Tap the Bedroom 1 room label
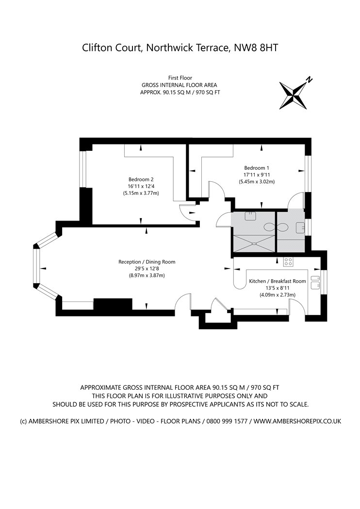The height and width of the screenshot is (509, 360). pyautogui.click(x=257, y=167)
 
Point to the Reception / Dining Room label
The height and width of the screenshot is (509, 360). pyautogui.click(x=147, y=262)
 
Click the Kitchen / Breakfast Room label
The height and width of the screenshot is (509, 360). pyautogui.click(x=278, y=281)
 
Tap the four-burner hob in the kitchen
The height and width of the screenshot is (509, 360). pyautogui.click(x=288, y=262)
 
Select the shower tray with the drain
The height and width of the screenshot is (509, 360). pyautogui.click(x=253, y=243)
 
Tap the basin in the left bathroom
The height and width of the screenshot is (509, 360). pyautogui.click(x=250, y=215)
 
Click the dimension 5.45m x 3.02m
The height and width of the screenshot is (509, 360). pyautogui.click(x=257, y=182)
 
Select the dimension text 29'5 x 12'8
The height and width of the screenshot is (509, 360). pyautogui.click(x=147, y=269)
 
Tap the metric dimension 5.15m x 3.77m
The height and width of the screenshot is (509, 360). pyautogui.click(x=141, y=193)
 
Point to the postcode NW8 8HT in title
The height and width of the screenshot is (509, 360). pyautogui.click(x=257, y=48)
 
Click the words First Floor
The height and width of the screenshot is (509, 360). pyautogui.click(x=180, y=78)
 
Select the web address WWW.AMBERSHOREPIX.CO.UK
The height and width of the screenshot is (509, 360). pyautogui.click(x=297, y=421)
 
